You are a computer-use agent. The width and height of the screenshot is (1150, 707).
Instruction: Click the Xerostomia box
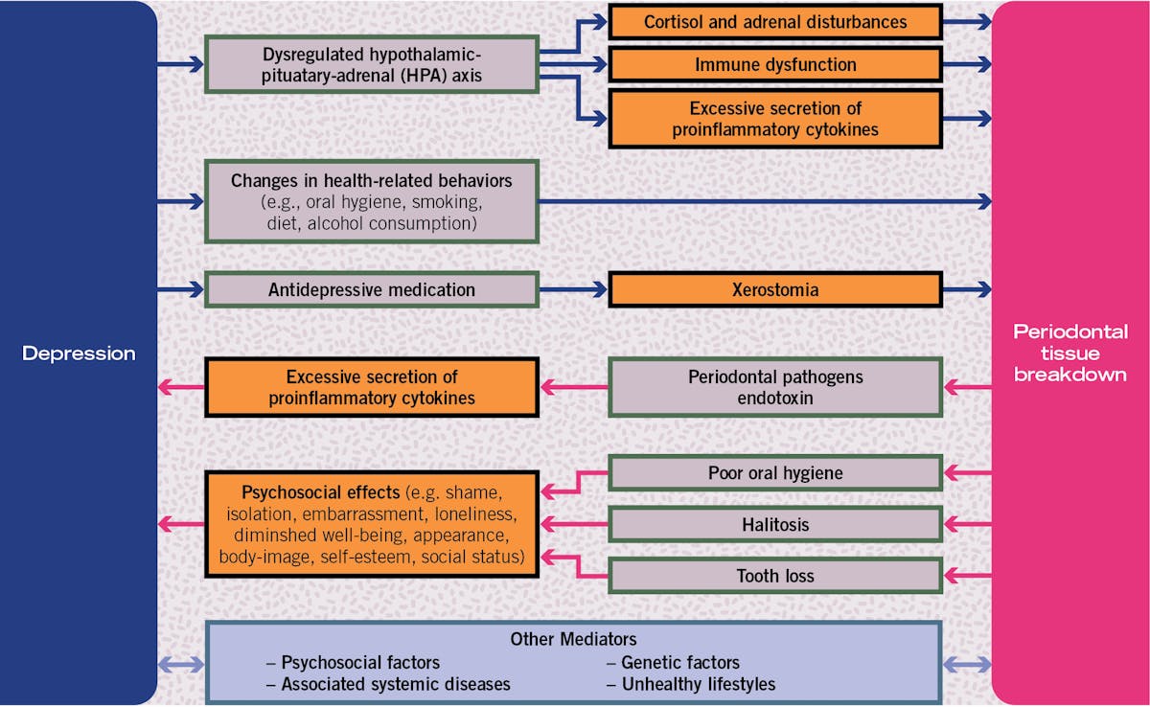[774, 289]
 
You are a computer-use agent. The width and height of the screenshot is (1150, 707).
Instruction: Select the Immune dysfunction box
[774, 65]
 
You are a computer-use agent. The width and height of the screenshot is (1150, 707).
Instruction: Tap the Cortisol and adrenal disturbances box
[774, 21]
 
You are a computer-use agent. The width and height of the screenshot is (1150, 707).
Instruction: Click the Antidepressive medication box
[372, 289]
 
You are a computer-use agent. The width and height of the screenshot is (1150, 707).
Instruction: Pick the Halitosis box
[774, 525]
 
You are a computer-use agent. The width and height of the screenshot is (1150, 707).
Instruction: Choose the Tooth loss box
[774, 576]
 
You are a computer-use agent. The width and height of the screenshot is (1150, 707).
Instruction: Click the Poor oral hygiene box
[774, 473]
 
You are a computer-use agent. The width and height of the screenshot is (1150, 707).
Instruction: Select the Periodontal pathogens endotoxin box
[774, 387]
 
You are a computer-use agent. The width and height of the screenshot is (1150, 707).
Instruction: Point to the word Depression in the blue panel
[79, 353]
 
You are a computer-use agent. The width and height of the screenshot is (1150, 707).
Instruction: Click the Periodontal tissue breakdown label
[1069, 353]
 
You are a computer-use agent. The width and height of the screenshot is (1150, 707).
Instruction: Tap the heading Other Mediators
[573, 639]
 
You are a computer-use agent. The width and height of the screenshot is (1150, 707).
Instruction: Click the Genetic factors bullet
[679, 662]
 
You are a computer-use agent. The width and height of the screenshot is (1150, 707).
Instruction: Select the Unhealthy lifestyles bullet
[697, 684]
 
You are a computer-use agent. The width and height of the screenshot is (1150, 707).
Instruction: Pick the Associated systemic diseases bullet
[395, 684]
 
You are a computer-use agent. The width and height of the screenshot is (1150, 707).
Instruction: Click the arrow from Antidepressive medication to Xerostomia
[573, 289]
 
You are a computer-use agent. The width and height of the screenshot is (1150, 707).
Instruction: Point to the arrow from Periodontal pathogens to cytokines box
[573, 388]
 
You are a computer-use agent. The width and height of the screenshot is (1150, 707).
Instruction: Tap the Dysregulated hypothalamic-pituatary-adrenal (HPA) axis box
[372, 64]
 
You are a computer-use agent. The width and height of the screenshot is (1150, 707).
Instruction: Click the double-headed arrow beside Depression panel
[181, 663]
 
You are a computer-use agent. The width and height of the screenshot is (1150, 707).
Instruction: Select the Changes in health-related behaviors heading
[372, 180]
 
